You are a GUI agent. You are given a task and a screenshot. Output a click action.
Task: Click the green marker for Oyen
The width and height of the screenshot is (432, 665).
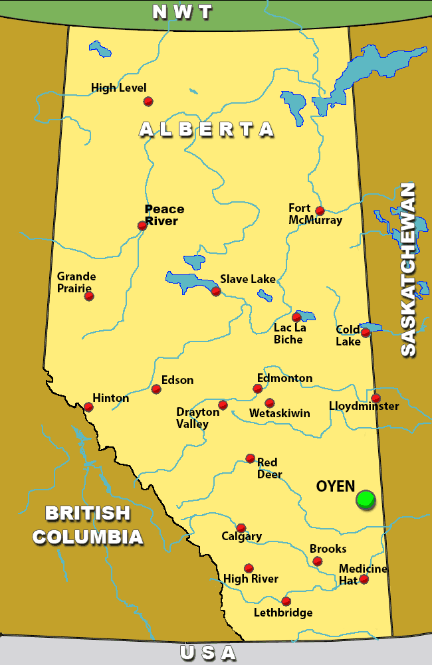click(x=365, y=499)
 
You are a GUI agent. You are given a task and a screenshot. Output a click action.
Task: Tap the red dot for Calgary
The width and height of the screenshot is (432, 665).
click(x=241, y=528)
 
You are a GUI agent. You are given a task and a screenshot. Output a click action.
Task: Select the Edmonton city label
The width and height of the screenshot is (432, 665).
click(x=284, y=378)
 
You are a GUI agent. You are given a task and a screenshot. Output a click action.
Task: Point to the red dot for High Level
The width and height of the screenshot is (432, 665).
click(x=148, y=101)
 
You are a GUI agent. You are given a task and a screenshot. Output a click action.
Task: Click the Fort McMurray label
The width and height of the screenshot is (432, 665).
click(x=315, y=214)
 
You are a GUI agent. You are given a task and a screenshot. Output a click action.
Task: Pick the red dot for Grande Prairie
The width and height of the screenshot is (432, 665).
click(x=89, y=296)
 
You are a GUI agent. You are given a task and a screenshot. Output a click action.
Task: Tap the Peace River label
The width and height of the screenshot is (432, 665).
click(x=164, y=215)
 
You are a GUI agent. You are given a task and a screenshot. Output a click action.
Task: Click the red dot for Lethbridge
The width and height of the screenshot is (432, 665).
click(x=286, y=601)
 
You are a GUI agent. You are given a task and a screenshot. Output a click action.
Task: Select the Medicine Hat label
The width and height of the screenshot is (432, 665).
click(x=363, y=574)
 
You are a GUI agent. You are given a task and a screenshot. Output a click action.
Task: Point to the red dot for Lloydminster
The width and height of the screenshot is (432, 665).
click(x=376, y=398)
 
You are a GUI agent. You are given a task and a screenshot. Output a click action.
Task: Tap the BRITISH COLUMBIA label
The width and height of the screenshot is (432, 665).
click(x=88, y=525)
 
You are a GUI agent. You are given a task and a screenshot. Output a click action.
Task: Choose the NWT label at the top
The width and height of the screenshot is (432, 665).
click(x=182, y=12)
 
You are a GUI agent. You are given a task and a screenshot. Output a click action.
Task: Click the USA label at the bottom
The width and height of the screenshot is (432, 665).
click(x=208, y=653)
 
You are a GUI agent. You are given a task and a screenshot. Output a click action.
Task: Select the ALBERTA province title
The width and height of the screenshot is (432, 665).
click(x=207, y=129)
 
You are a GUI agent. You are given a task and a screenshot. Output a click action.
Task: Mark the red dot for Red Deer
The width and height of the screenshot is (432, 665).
click(x=251, y=458)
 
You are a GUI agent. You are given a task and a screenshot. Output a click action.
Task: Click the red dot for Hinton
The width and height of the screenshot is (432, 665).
click(x=88, y=407)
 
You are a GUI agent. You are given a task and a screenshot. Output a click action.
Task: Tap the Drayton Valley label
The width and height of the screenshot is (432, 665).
click(x=197, y=418)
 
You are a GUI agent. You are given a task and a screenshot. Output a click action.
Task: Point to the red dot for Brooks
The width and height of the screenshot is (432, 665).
click(x=318, y=561)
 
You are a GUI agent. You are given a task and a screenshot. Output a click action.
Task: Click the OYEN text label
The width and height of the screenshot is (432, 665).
click(x=336, y=486)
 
